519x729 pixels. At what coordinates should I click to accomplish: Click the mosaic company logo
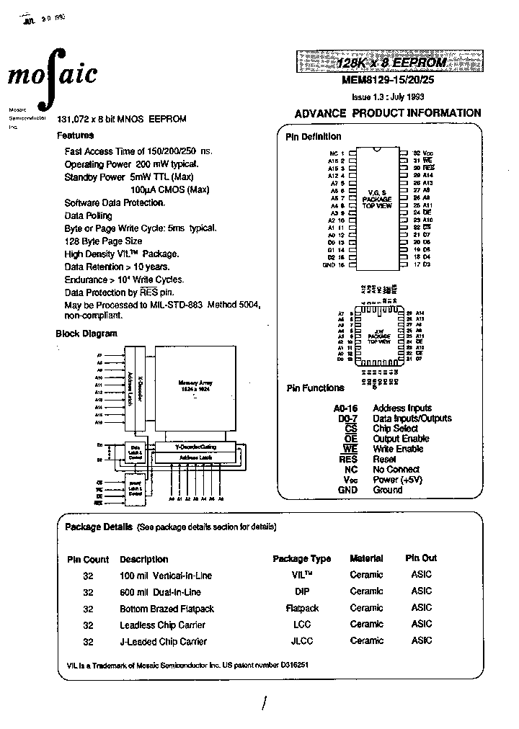52,73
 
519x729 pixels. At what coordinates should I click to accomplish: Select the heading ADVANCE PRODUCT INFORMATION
388,113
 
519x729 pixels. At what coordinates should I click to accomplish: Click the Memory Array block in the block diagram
192,386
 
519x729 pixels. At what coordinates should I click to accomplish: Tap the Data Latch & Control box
135,452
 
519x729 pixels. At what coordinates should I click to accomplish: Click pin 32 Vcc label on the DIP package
423,153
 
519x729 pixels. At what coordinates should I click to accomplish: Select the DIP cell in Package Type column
301,592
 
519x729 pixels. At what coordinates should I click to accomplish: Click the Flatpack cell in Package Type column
301,609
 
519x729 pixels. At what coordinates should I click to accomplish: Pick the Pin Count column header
88,559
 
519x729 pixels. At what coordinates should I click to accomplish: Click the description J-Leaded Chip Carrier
163,641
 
